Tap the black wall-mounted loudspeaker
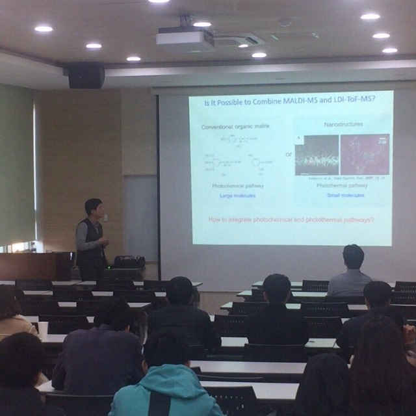coord(86,75)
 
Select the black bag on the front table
coord(129,261)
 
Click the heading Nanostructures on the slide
coord(343,123)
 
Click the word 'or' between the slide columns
coord(289,154)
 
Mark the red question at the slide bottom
coord(291,220)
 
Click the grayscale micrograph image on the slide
coord(317,155)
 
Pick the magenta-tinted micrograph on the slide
coord(365,155)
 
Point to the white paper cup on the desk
coord(43,329)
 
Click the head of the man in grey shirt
coord(353,256)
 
